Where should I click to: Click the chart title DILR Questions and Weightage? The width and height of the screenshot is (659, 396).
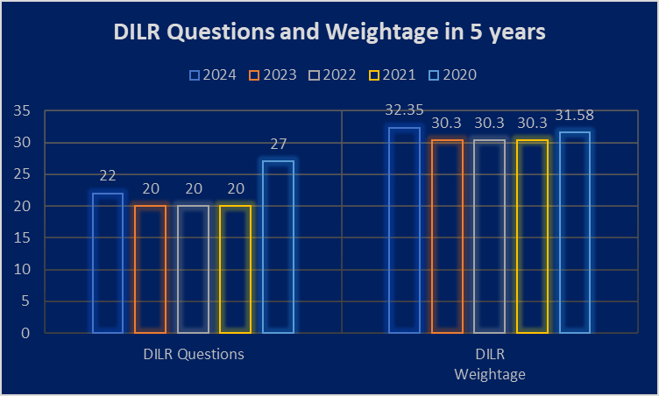(329, 32)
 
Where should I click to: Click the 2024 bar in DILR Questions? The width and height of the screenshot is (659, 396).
(108, 263)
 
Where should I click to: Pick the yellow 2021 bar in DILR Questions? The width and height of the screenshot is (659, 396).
(235, 269)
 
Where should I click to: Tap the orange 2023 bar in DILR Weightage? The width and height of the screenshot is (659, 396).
(448, 237)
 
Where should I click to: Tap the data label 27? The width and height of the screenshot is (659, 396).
(279, 145)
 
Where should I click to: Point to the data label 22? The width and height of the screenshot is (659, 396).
(108, 176)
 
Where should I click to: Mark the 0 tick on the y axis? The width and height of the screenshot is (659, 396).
(28, 334)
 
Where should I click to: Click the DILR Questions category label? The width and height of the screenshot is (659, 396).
(193, 355)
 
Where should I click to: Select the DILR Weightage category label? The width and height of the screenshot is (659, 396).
(489, 364)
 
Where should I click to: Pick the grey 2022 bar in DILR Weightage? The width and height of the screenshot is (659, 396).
(490, 237)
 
